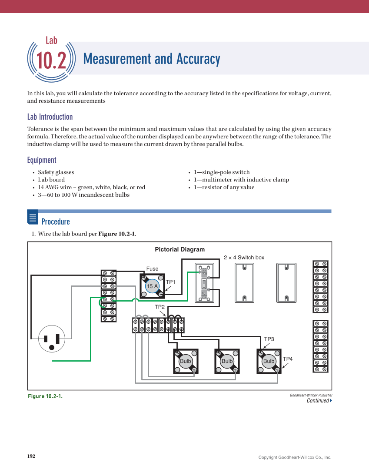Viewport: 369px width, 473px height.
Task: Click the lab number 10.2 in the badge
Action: click(x=51, y=61)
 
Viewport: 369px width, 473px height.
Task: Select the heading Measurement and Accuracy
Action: click(x=151, y=59)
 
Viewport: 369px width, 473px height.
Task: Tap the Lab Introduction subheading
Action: click(x=50, y=117)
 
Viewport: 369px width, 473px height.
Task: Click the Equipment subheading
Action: click(x=42, y=160)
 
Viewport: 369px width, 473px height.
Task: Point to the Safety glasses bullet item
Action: click(x=56, y=172)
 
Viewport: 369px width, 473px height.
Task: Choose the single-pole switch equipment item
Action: click(x=222, y=172)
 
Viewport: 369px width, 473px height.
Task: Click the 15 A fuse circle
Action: click(x=152, y=286)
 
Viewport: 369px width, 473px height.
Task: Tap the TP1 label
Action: click(x=170, y=282)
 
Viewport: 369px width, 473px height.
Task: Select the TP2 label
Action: click(x=160, y=307)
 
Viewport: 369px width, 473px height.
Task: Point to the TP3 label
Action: click(x=269, y=339)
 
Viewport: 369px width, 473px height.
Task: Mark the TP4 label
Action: click(x=288, y=359)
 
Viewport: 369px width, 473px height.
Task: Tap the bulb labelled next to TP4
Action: click(x=269, y=361)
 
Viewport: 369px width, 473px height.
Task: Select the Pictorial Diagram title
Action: click(x=180, y=249)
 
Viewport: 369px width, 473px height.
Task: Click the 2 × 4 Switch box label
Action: click(x=244, y=258)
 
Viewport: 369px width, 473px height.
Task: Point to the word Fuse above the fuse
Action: click(x=152, y=269)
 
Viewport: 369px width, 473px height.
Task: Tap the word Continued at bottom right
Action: click(x=318, y=401)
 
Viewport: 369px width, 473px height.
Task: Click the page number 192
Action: click(x=31, y=456)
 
